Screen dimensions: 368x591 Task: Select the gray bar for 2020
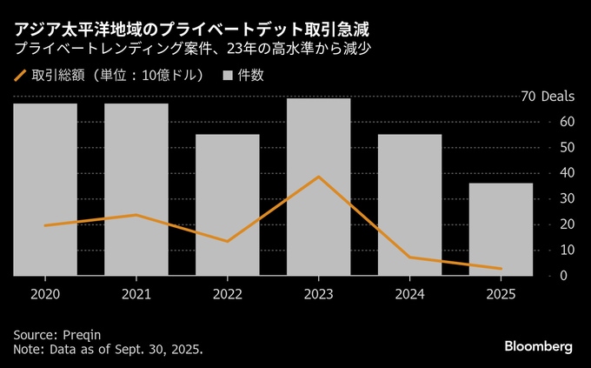[x=45, y=190]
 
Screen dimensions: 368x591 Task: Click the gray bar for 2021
[x=136, y=190]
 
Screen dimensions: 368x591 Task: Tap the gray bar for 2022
[x=228, y=204]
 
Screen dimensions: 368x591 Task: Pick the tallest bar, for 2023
[x=319, y=186]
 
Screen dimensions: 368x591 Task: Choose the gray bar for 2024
[x=410, y=204]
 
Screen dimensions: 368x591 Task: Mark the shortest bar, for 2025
[x=501, y=229]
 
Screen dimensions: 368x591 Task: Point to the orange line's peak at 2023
[x=319, y=177]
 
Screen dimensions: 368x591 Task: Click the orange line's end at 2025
[x=501, y=268]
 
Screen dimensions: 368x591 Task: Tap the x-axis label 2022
[x=228, y=294]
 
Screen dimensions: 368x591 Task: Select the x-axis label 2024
[x=410, y=294]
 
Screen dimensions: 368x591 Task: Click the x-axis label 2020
[x=45, y=294]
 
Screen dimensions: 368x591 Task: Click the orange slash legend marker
[x=21, y=76]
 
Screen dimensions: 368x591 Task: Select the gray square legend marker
[x=228, y=76]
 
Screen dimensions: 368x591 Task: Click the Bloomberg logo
[x=539, y=346]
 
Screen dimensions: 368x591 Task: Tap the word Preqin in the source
[x=85, y=334]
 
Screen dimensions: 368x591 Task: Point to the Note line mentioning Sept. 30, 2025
[x=109, y=349]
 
